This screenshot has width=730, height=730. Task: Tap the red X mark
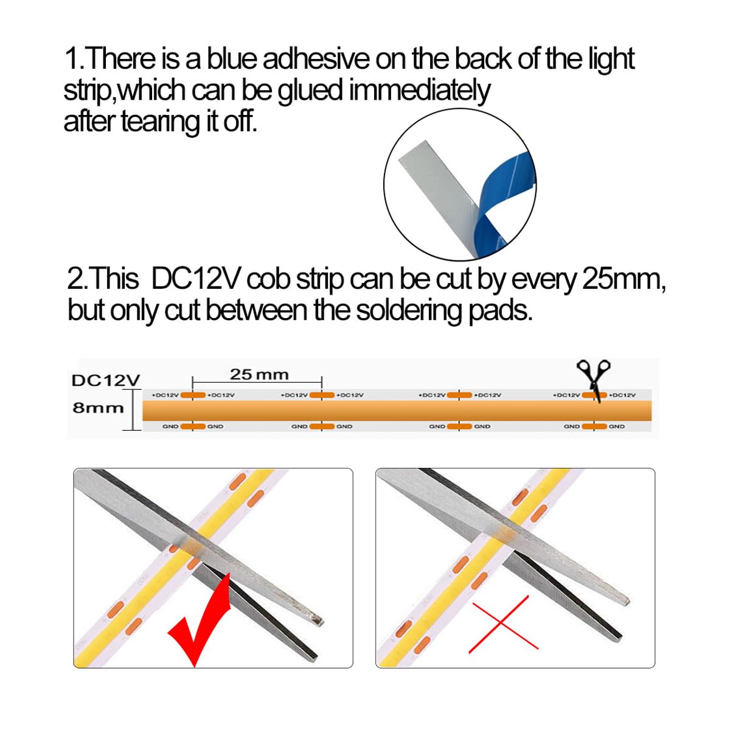pos(503,624)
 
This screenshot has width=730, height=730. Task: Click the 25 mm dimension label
pos(259,375)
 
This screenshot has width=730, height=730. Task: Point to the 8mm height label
pos(97,408)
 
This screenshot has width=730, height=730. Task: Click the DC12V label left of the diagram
pos(105,381)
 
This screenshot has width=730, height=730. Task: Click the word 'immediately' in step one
pos(419,91)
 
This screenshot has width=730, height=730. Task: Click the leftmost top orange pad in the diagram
pos(193,395)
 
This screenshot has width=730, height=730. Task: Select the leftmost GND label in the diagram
pos(170,426)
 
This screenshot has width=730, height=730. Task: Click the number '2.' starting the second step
pos(78,279)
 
